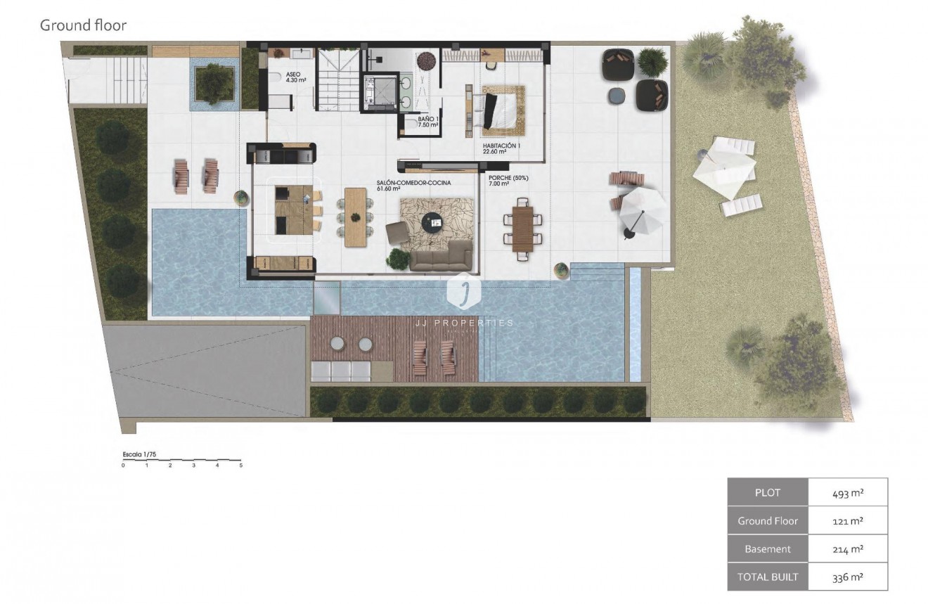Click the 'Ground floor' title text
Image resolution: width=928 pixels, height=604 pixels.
tap(83, 26)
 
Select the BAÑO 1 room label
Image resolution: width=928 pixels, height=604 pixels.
tap(428, 122)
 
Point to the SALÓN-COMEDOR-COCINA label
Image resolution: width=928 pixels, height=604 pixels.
tap(413, 185)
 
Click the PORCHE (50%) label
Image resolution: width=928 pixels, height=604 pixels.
tap(508, 181)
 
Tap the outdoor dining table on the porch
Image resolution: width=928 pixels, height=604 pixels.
tap(522, 224)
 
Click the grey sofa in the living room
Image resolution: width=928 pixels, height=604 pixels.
tap(441, 256)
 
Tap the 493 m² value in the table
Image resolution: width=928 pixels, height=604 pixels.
tap(848, 492)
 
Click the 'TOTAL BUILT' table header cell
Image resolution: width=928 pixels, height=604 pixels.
tap(768, 577)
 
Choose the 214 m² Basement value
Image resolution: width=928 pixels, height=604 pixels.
tap(848, 548)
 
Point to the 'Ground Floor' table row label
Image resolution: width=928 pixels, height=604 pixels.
tap(768, 521)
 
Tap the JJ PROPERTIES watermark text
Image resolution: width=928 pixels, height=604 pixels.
tap(464, 323)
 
